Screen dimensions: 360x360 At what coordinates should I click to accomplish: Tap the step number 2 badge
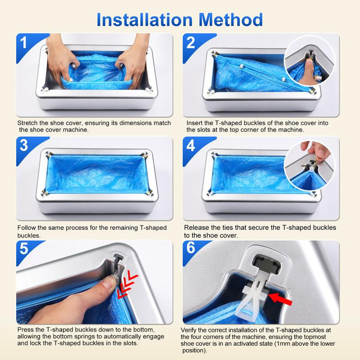191,43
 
